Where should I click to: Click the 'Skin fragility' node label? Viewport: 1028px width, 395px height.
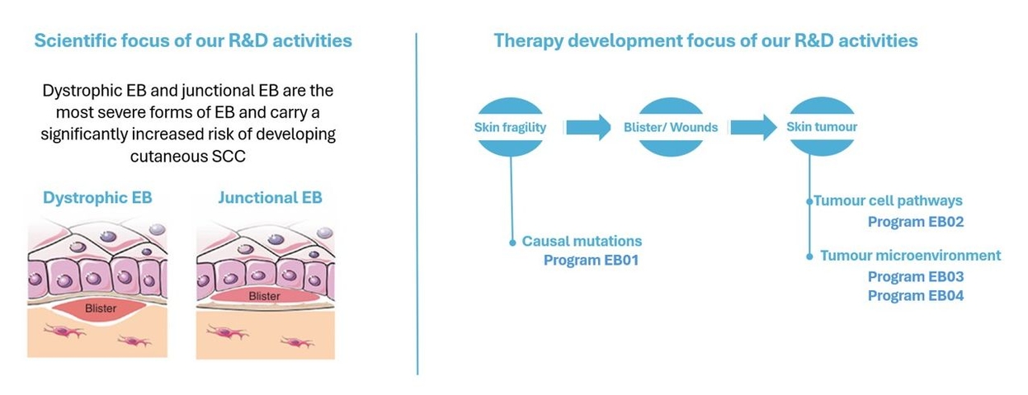tap(510, 127)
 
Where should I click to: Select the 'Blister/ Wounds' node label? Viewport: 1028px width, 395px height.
tap(671, 127)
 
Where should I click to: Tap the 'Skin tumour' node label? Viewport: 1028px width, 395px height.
tap(822, 127)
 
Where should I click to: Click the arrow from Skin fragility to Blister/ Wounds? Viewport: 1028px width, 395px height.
tap(588, 127)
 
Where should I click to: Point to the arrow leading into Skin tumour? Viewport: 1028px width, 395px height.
tap(753, 127)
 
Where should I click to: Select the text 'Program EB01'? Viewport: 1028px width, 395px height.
tap(591, 260)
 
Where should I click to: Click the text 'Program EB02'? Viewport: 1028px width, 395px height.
tap(916, 222)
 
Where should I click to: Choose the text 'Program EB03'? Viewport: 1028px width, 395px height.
tap(916, 276)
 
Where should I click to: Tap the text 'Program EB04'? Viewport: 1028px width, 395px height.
tap(916, 295)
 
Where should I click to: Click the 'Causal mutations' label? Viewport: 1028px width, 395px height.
tap(582, 241)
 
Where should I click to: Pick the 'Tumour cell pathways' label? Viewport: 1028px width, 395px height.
tap(888, 200)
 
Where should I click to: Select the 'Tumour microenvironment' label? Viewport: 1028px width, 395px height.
tap(911, 255)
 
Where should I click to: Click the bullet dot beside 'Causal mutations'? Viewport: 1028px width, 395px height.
tap(512, 242)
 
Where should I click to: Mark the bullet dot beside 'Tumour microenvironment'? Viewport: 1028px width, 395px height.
tap(809, 256)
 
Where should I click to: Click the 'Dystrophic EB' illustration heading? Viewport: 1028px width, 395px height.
tap(97, 198)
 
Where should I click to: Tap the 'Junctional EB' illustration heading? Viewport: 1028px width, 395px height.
tap(270, 198)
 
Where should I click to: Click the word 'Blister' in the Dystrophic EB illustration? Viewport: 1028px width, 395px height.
tap(101, 308)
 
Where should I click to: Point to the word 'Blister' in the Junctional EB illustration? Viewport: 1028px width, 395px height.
tap(264, 296)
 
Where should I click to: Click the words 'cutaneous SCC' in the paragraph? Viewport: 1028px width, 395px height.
tap(188, 157)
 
